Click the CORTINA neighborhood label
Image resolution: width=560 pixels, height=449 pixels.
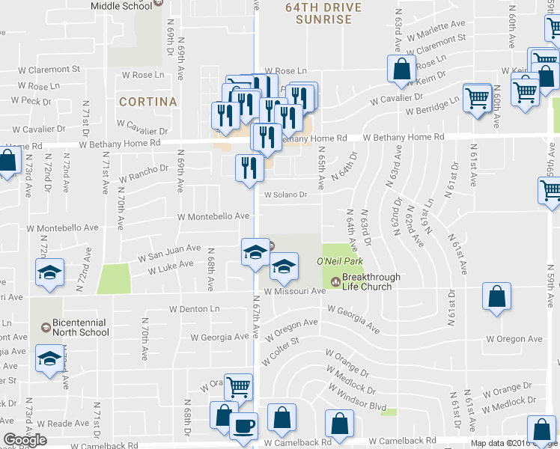pyautogui.click(x=147, y=102)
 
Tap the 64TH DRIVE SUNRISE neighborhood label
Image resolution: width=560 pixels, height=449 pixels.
pyautogui.click(x=323, y=13)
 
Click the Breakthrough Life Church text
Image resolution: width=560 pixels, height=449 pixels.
pyautogui.click(x=371, y=282)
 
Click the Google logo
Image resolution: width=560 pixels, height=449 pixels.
pyautogui.click(x=25, y=440)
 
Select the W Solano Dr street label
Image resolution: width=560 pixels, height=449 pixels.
pyautogui.click(x=284, y=195)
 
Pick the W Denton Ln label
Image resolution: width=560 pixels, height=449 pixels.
pyautogui.click(x=195, y=308)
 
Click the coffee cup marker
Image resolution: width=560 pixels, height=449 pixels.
pyautogui.click(x=243, y=426)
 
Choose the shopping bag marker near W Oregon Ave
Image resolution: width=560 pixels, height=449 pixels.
pyautogui.click(x=496, y=296)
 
